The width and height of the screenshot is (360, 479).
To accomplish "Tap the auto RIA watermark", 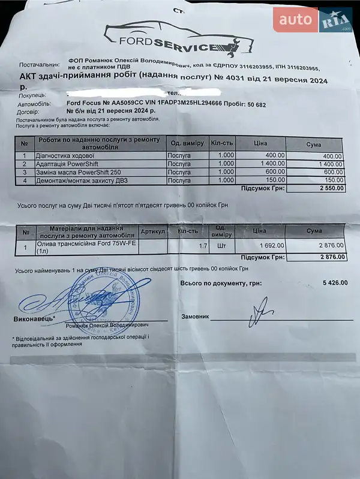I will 312,20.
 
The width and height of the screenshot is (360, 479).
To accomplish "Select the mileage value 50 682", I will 253,104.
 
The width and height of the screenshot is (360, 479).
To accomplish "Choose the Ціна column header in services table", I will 260,143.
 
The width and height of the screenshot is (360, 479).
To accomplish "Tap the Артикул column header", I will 152,231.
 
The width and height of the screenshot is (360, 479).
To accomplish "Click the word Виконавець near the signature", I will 34,318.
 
